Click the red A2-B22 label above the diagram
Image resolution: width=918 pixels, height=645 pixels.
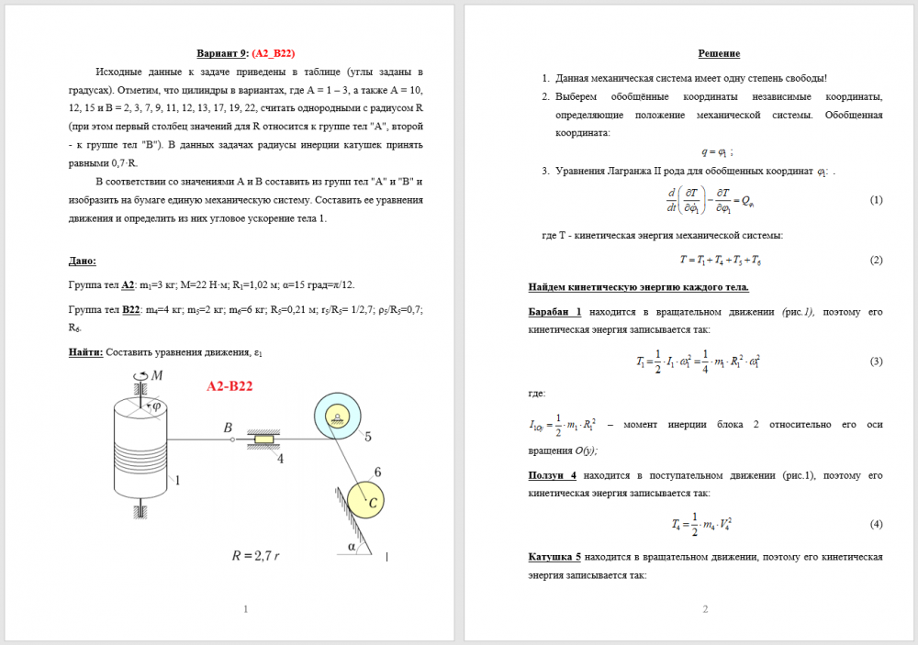(x=229, y=386)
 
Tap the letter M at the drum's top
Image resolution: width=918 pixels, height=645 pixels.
(x=157, y=375)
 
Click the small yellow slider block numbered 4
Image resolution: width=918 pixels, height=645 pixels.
(x=264, y=440)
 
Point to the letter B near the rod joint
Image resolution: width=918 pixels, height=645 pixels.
(x=228, y=428)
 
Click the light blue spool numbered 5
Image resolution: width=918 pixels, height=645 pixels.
(x=337, y=417)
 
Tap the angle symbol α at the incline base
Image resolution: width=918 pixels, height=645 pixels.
(x=352, y=546)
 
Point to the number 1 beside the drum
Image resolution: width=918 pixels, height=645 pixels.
(x=176, y=479)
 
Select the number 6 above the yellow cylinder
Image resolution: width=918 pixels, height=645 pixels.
(x=377, y=473)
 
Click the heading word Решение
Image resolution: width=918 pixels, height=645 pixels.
(x=719, y=54)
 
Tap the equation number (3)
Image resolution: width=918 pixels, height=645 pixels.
(x=876, y=361)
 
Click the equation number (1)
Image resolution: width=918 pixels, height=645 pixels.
(x=876, y=200)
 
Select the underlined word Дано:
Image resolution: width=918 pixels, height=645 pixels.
(x=83, y=261)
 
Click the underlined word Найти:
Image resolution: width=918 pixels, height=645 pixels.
(x=87, y=351)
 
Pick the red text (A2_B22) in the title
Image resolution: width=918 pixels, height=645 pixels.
(x=274, y=54)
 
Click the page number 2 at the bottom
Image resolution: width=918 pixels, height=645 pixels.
(x=705, y=609)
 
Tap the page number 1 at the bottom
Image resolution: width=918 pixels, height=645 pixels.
(x=245, y=609)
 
